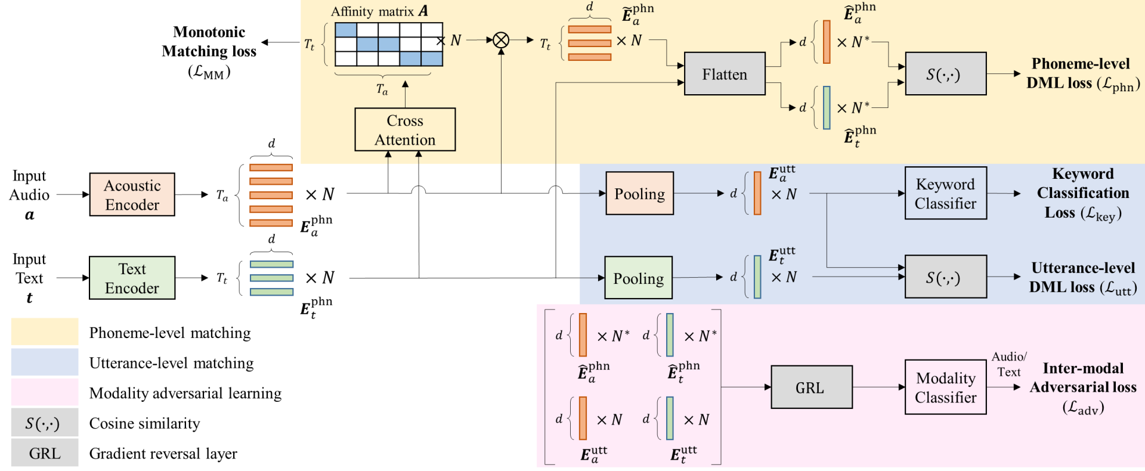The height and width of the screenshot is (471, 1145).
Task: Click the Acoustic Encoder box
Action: pyautogui.click(x=132, y=194)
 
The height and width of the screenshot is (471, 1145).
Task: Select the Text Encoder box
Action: pyautogui.click(x=132, y=278)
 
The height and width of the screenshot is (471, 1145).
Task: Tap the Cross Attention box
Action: pyautogui.click(x=405, y=129)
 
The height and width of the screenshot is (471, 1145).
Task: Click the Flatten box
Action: pyautogui.click(x=725, y=74)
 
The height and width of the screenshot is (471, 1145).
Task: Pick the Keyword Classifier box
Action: pyautogui.click(x=945, y=193)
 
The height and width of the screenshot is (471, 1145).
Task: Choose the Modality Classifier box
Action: pyautogui.click(x=945, y=387)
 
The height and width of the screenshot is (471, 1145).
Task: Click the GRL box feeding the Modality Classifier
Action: pyautogui.click(x=811, y=387)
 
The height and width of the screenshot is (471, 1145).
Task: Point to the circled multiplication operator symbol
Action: pyautogui.click(x=501, y=40)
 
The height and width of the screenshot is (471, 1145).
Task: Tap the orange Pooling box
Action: pyautogui.click(x=639, y=193)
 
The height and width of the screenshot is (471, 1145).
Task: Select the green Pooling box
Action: pyautogui.click(x=638, y=278)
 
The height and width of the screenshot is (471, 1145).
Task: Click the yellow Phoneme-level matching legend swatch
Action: pyautogui.click(x=45, y=331)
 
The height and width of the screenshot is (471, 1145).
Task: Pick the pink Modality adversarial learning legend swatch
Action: pyautogui.click(x=45, y=392)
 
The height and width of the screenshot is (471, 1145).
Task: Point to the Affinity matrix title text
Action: pyautogui.click(x=380, y=11)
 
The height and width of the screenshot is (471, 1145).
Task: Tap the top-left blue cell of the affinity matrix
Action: pyautogui.click(x=346, y=30)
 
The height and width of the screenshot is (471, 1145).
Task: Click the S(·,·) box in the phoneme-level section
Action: pyautogui.click(x=945, y=74)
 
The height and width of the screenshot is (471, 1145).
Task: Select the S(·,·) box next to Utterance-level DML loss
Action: pyautogui.click(x=945, y=277)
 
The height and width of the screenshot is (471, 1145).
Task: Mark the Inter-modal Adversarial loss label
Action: pyautogui.click(x=1083, y=388)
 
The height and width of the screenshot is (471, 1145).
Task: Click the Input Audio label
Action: pyautogui.click(x=29, y=194)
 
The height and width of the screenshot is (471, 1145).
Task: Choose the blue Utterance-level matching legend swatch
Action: pyautogui.click(x=45, y=362)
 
